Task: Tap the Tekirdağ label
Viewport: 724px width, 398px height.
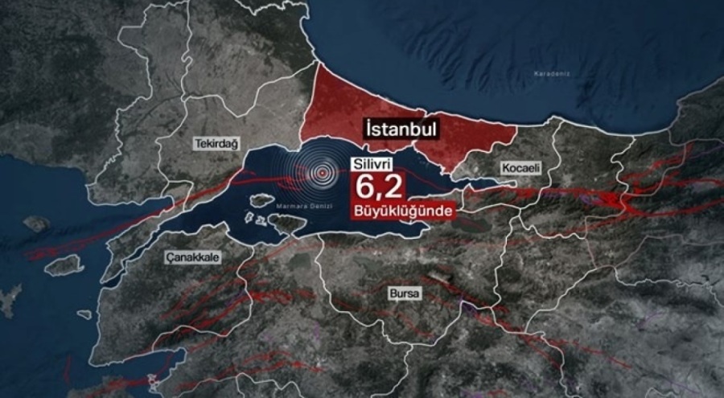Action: [x=216, y=143]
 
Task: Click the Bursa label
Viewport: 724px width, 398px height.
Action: [x=403, y=293]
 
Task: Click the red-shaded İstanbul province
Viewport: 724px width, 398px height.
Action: [x=354, y=105]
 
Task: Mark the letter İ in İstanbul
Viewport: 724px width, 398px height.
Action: [x=368, y=129]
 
